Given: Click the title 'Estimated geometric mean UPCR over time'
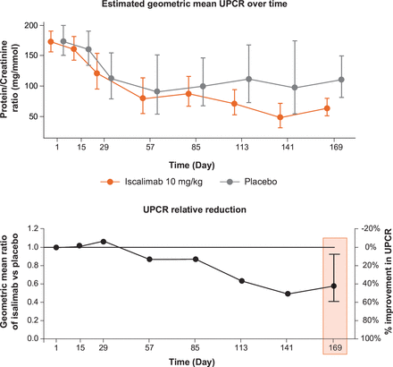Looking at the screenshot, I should (196, 7).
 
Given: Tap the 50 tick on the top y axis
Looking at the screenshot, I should (38, 116).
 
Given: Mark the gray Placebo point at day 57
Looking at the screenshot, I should (157, 91).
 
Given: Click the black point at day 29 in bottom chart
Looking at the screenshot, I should (104, 241).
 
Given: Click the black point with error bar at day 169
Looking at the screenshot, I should (333, 286).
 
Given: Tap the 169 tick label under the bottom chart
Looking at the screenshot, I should (333, 349).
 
